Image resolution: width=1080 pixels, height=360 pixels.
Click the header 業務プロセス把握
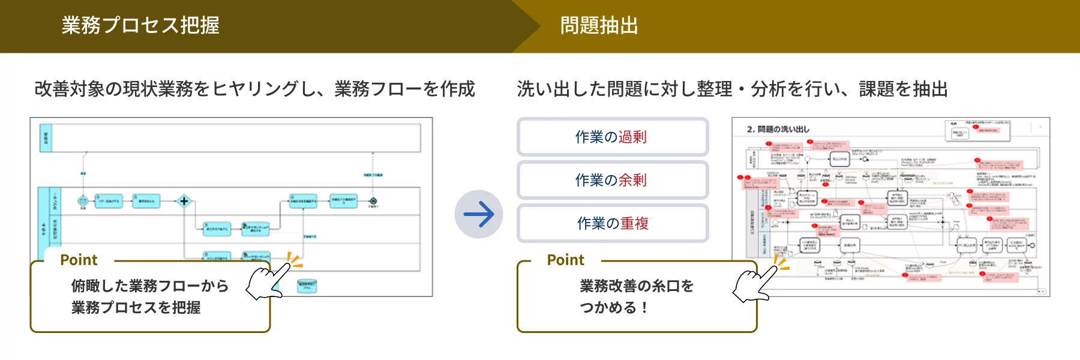[x=140, y=25]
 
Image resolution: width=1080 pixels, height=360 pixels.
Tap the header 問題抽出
[x=599, y=25]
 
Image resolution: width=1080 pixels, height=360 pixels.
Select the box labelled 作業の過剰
[x=612, y=137]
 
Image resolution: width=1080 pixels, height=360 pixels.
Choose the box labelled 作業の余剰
[x=612, y=180]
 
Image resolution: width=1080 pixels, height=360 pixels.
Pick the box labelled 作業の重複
[x=612, y=223]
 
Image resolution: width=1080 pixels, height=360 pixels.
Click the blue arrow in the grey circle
[x=478, y=214]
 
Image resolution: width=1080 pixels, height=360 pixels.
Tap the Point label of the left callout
[x=79, y=260]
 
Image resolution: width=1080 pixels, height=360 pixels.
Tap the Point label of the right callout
[x=565, y=260]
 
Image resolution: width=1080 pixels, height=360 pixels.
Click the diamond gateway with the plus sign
[x=184, y=201]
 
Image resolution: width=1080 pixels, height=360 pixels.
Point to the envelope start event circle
[x=83, y=201]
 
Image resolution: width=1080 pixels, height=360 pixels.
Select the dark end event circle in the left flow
[x=373, y=201]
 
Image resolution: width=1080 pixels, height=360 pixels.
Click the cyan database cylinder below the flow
[x=307, y=286]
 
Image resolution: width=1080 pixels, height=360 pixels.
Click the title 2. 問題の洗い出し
[x=778, y=129]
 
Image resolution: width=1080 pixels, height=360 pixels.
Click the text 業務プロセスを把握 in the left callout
[x=136, y=307]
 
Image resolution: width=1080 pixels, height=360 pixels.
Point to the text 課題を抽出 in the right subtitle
[x=903, y=89]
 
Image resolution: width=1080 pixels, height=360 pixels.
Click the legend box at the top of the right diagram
[x=977, y=130]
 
